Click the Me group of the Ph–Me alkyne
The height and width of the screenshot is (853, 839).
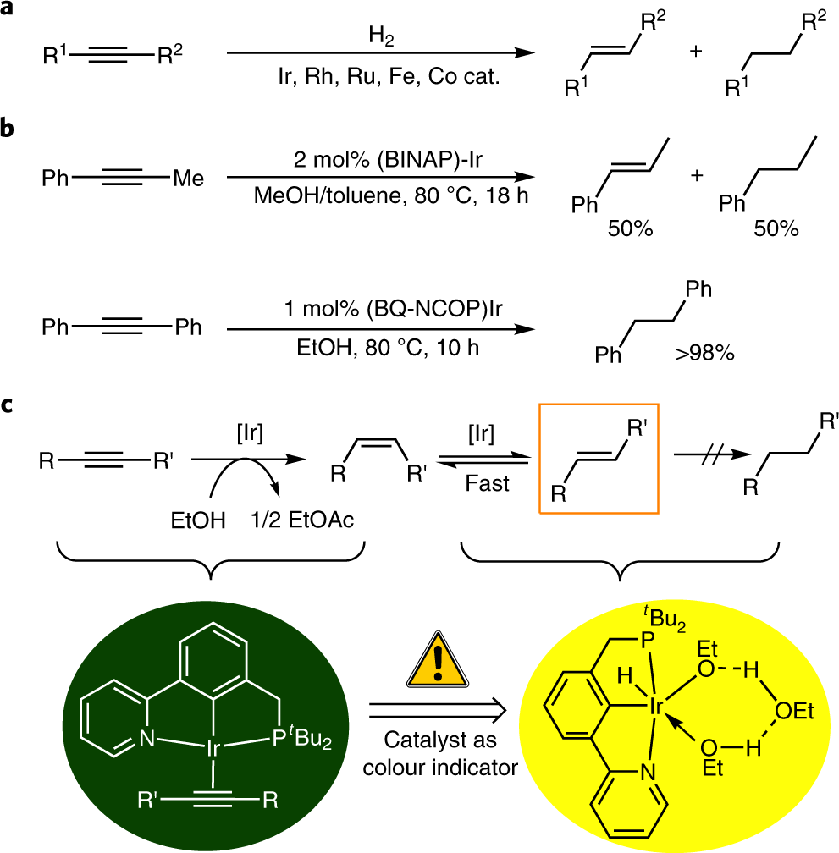(x=186, y=179)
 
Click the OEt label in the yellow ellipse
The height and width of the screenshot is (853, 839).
(x=792, y=712)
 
